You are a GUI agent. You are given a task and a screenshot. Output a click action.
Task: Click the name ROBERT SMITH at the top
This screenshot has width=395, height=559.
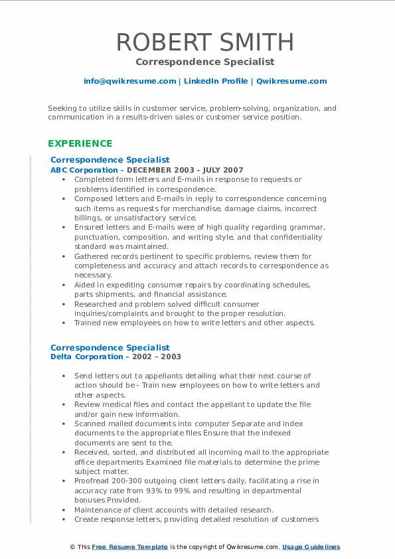[205, 42]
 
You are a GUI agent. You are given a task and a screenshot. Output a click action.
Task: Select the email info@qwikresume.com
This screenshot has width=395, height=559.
[130, 81]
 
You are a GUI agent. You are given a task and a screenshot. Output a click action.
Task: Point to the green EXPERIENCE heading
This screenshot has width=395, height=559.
[80, 143]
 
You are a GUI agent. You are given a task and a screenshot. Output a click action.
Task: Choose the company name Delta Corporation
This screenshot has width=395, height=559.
[86, 357]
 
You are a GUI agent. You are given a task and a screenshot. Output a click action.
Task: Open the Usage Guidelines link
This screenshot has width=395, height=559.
[311, 547]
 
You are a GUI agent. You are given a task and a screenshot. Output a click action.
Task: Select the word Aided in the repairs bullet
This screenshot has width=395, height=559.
[86, 285]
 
